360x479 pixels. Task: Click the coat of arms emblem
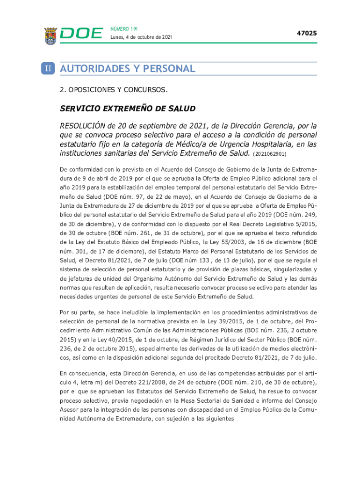coord(50,36)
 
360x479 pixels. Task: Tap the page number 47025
coord(307,33)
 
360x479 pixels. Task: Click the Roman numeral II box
coord(49,69)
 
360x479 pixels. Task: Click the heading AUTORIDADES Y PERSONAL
coord(128,69)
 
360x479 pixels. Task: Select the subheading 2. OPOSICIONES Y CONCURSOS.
coord(114,89)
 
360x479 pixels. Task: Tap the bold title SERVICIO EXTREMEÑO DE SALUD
coord(128,109)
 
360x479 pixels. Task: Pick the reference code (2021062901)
coord(270,153)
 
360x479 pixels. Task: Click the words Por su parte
coord(77,312)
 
